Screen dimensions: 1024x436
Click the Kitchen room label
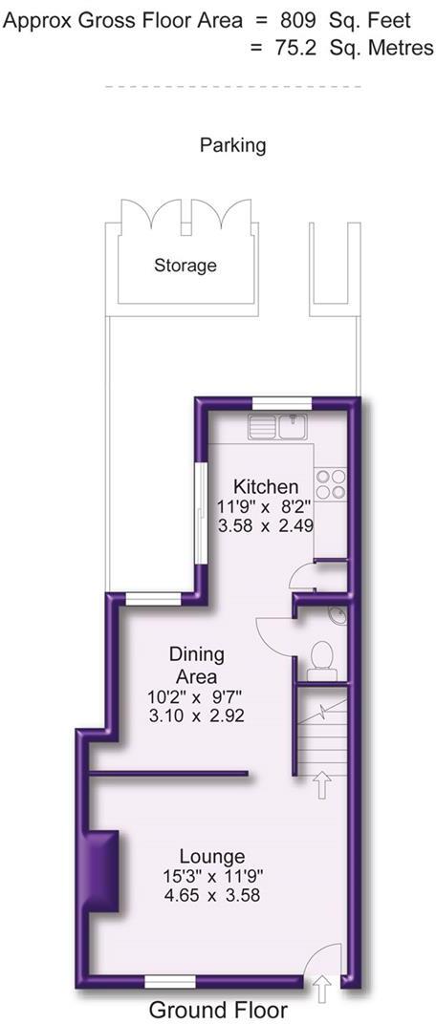point(259,486)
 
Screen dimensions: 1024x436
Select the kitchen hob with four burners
point(331,482)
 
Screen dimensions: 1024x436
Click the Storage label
point(185,266)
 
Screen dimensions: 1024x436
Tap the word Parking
point(232,145)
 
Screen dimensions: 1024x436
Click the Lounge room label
point(212,856)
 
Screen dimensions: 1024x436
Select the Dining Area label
point(197,665)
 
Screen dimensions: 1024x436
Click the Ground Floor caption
point(218,1010)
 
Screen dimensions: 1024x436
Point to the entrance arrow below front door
point(322,990)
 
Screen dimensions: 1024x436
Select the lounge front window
point(170,980)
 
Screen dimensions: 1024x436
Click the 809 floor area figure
point(296,19)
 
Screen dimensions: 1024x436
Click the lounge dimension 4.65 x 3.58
point(212,895)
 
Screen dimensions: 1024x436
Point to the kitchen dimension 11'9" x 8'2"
point(259,506)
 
